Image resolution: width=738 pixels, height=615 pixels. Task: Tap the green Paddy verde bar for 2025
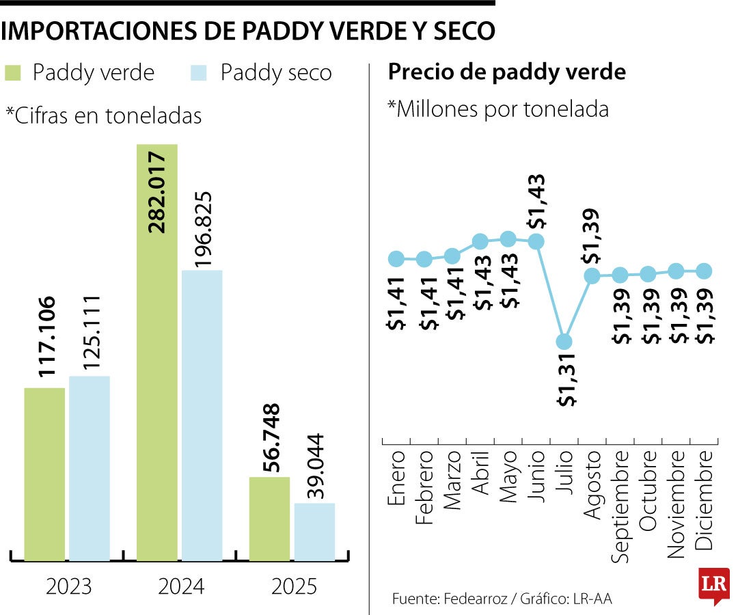[269, 519]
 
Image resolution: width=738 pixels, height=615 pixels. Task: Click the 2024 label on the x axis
[180, 586]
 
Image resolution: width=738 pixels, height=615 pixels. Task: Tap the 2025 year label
[293, 586]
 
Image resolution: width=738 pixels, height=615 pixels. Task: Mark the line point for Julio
[564, 341]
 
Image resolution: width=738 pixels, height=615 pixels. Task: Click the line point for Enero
[396, 258]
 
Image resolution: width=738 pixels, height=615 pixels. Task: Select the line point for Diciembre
[705, 271]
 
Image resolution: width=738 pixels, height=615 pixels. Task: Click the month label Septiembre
[620, 506]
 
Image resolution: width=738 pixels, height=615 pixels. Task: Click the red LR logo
[714, 585]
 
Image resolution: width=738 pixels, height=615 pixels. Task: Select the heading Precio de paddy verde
[506, 72]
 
